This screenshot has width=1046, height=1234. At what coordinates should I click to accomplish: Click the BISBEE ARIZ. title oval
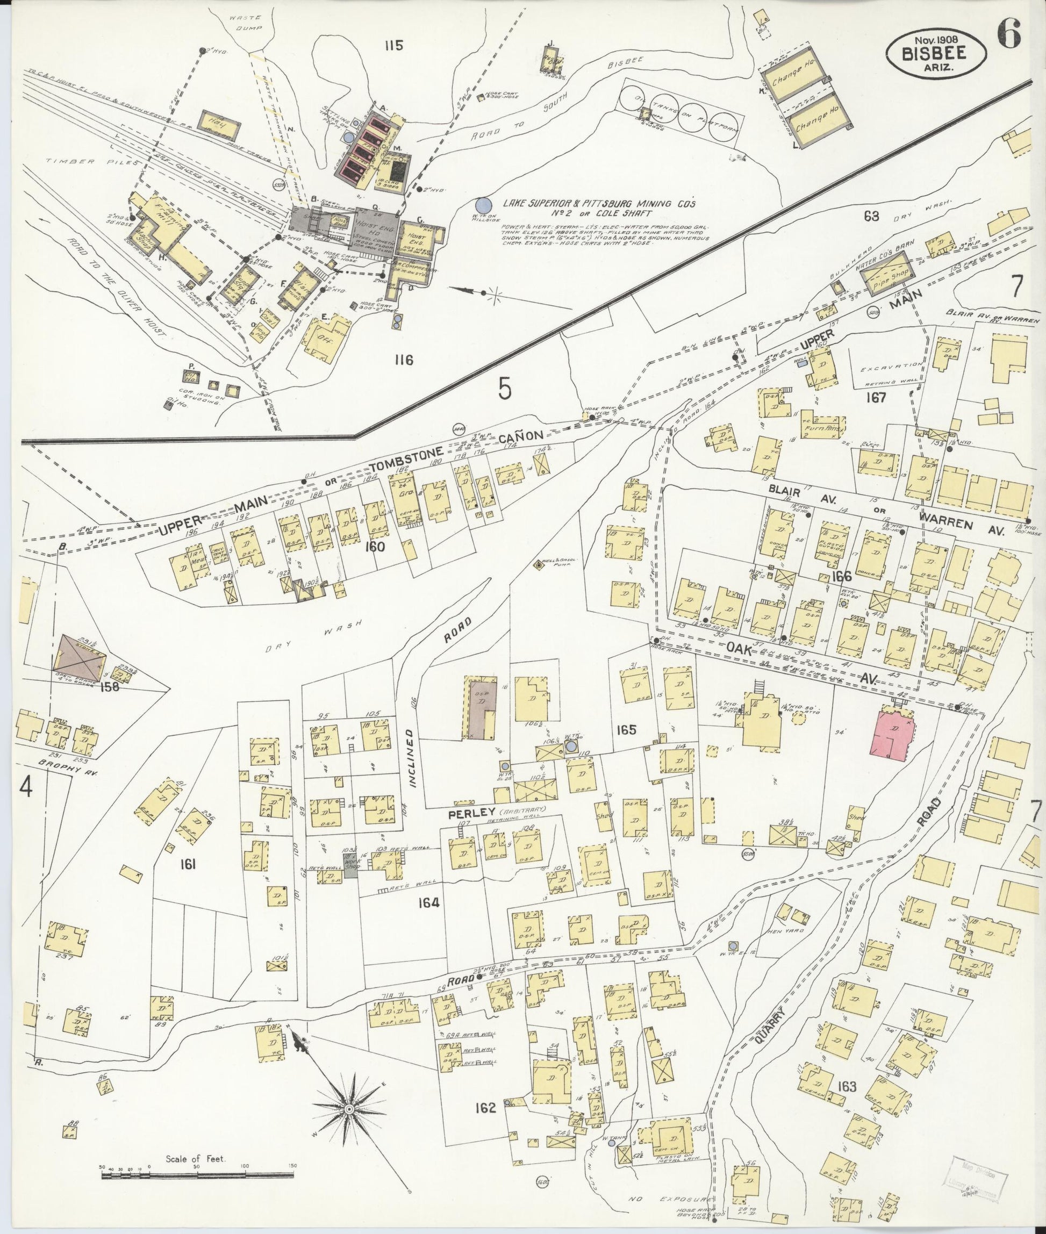click(x=937, y=53)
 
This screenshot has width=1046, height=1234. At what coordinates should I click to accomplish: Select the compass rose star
click(x=350, y=1107)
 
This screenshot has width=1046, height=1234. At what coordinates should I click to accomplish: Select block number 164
click(x=428, y=902)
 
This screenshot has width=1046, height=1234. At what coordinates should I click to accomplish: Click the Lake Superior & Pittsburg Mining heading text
click(x=599, y=203)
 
